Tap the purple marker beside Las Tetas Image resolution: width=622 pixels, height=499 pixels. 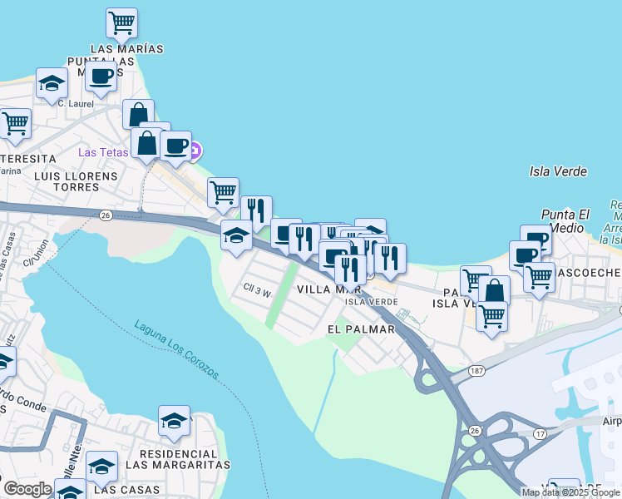(195, 151)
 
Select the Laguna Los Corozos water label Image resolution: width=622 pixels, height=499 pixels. (177, 349)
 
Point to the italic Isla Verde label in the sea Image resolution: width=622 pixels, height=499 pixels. (558, 171)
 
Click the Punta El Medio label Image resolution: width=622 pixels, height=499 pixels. (565, 220)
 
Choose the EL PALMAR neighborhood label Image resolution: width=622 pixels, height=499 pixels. (360, 329)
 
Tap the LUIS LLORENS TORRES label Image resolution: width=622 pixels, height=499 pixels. (66, 181)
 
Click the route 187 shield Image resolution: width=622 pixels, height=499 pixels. (476, 370)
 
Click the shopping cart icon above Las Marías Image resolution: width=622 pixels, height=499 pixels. (122, 22)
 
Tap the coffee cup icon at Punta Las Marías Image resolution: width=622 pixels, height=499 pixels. (101, 77)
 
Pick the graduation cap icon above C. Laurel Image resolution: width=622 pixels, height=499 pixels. (52, 83)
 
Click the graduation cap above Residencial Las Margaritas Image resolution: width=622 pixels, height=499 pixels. (174, 420)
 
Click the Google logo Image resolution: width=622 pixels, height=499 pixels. (27, 489)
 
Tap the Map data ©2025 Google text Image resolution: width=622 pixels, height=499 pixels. (570, 492)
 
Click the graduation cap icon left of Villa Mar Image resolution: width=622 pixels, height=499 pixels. (237, 236)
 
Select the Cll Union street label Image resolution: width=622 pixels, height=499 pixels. (40, 249)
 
